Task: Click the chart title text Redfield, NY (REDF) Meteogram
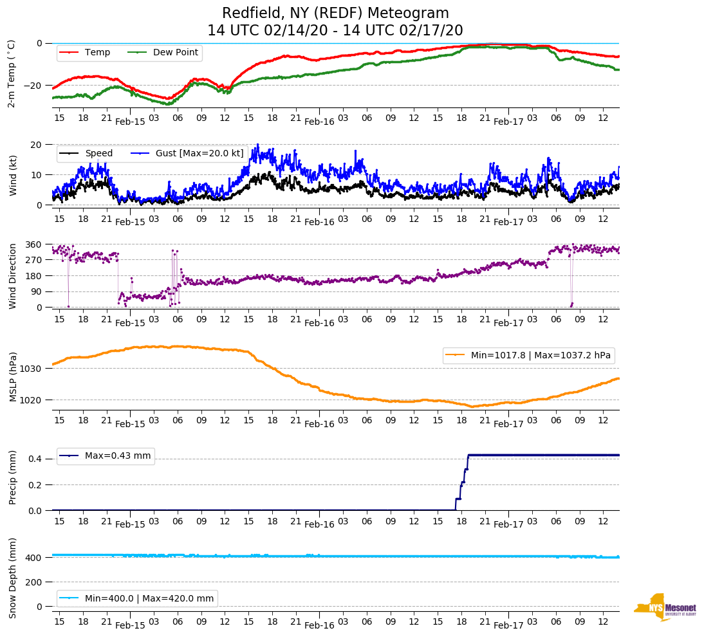click(335, 14)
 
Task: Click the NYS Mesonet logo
click(665, 607)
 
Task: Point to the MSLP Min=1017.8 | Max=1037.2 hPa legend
click(528, 355)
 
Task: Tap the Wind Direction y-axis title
click(12, 276)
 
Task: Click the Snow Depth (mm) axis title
click(12, 578)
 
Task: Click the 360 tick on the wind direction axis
click(34, 244)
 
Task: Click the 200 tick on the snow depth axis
click(34, 582)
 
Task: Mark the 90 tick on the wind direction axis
click(37, 291)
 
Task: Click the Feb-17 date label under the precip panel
click(508, 524)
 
